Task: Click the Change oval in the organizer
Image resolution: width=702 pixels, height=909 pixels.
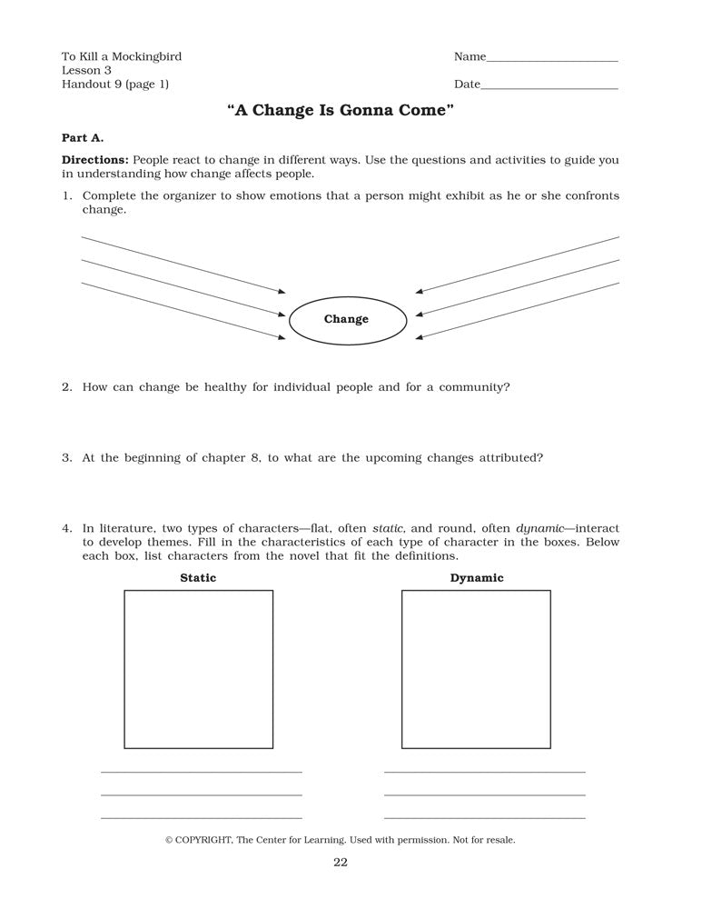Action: click(x=346, y=319)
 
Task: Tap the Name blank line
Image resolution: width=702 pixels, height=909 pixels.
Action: click(x=552, y=60)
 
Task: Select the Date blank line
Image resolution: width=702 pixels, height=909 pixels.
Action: click(x=549, y=88)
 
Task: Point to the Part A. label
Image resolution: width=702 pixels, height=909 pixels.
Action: click(x=83, y=138)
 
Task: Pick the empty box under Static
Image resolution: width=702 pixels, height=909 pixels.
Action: click(x=198, y=669)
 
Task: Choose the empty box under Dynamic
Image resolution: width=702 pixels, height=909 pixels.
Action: click(x=476, y=669)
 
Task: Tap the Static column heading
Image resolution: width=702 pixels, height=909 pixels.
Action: click(x=198, y=578)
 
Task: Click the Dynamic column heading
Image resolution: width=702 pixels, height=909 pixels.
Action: click(x=476, y=578)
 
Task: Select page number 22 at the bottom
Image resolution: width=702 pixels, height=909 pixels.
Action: click(x=340, y=863)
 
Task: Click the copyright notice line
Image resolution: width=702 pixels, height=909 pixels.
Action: click(x=340, y=840)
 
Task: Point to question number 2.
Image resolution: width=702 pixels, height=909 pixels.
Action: click(x=66, y=387)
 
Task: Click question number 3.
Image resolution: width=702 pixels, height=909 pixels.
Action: click(x=66, y=458)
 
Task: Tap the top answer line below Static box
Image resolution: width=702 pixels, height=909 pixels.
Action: click(x=201, y=772)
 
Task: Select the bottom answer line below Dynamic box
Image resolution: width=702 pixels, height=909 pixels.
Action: click(x=484, y=817)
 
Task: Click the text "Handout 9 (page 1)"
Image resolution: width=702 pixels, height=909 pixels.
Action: click(x=115, y=85)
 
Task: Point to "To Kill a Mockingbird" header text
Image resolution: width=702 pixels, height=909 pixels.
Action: click(x=122, y=56)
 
